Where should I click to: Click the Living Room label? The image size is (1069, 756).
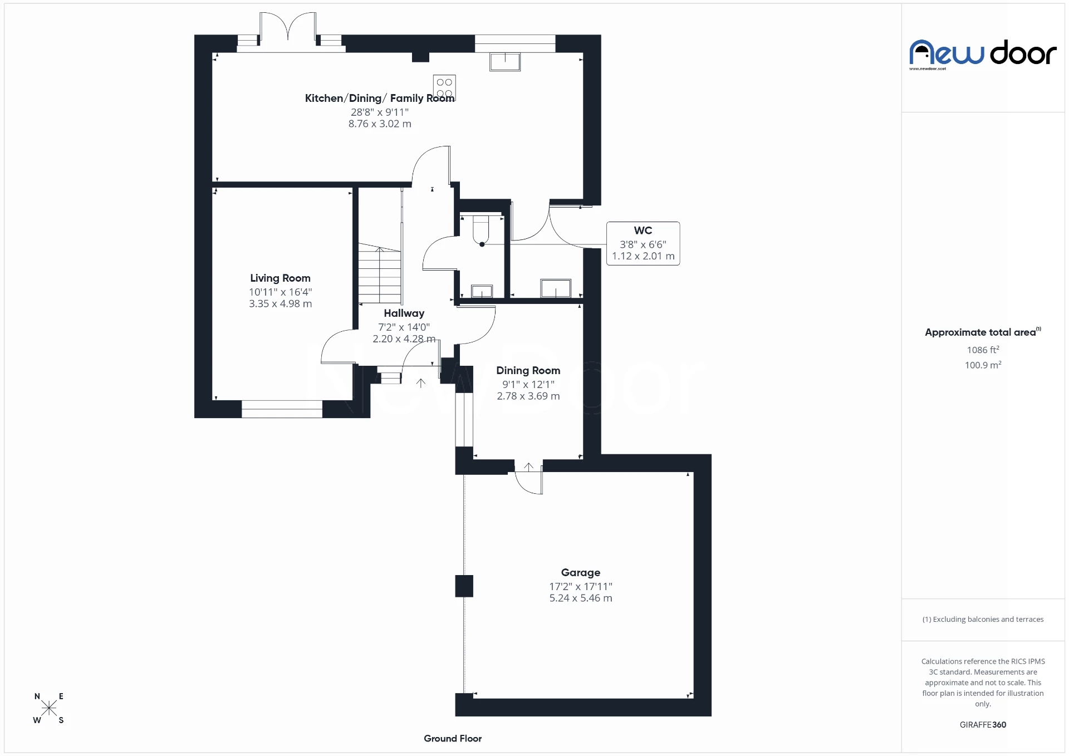280,278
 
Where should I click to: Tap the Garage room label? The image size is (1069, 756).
580,572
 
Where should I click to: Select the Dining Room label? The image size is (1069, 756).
528,370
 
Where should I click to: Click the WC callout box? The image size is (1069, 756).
643,243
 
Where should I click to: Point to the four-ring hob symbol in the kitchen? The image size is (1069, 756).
444,88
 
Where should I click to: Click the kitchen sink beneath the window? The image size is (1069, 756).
504,61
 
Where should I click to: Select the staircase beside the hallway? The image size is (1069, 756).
380,274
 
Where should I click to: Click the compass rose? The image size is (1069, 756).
49,708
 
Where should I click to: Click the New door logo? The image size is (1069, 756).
983,53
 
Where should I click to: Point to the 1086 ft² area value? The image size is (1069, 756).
983,350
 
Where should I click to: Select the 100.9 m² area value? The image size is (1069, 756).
983,365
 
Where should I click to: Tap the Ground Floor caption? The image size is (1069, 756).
452,738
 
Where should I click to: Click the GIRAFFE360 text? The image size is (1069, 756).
983,724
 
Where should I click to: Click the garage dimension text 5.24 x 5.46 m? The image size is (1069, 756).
580,598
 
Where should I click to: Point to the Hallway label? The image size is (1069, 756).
404,313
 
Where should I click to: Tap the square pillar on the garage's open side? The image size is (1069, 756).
464,586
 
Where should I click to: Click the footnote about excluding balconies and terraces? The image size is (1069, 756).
983,619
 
